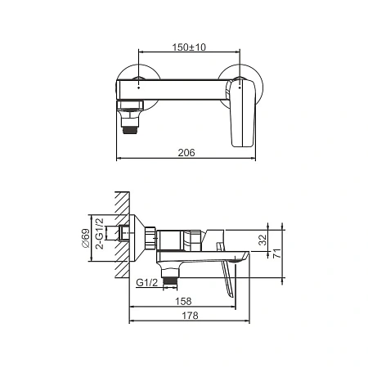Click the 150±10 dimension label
189,47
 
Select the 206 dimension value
186,153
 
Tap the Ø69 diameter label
85,238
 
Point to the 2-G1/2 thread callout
100,234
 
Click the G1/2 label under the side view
147,282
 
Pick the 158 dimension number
183,301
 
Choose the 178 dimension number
190,316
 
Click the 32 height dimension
263,240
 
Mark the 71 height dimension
276,254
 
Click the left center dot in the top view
139,88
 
